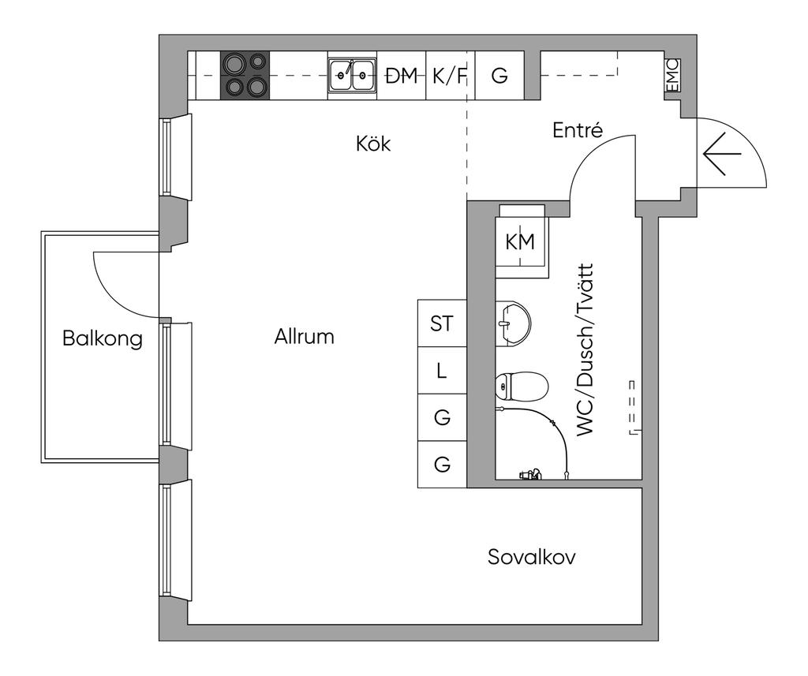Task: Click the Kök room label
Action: coord(373,144)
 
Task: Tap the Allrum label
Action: coord(304,337)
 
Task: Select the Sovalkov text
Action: coord(531,557)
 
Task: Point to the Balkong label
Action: coord(102,339)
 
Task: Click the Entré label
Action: coord(577,130)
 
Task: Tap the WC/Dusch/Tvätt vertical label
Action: coord(585,350)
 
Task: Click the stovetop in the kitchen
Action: coord(245,75)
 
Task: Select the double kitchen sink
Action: coord(352,77)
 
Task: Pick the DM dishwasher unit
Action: coord(401,76)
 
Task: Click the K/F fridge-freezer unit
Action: coord(450,76)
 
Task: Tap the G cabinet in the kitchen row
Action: coord(499,76)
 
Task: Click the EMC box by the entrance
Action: coord(672,76)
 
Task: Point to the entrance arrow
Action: coord(722,154)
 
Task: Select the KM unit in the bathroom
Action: coord(520,241)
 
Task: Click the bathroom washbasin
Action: coord(513,323)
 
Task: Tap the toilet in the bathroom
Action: coord(521,387)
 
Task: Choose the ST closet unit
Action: coord(442,323)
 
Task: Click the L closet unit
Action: coord(442,371)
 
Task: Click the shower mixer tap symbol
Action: coord(530,474)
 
